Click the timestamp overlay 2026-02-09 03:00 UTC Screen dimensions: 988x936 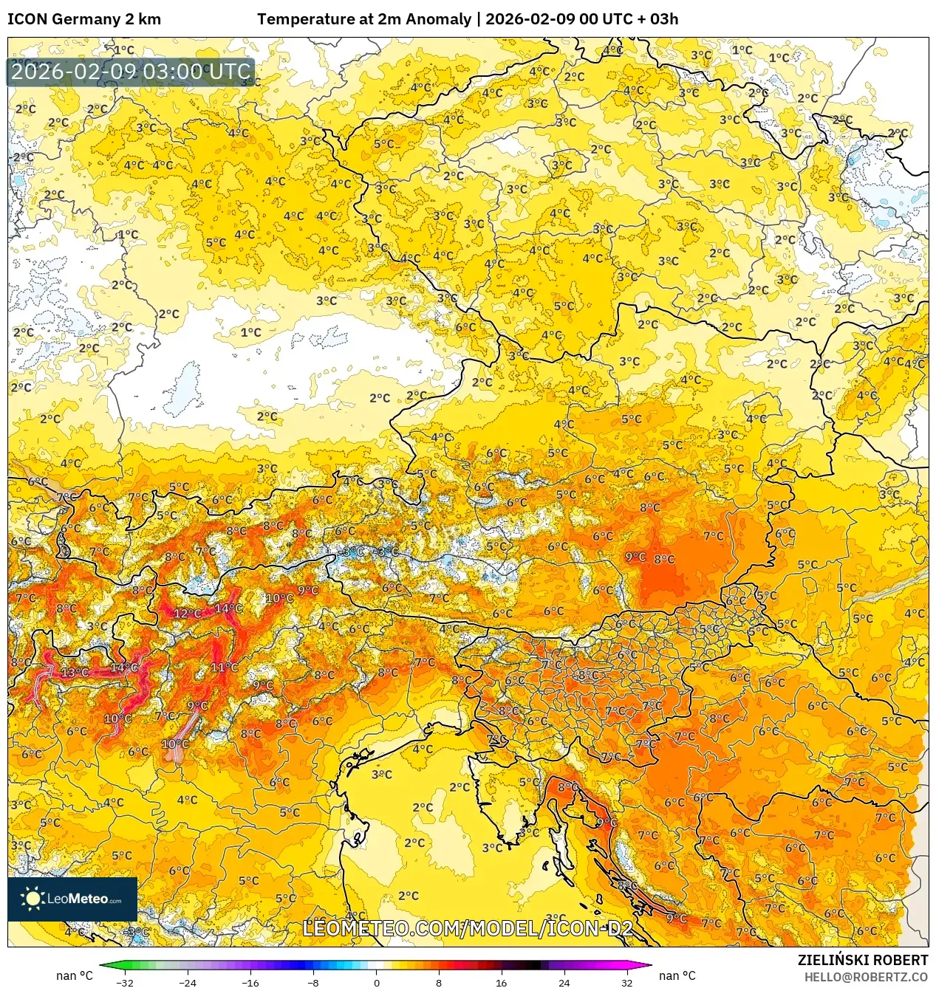pos(131,72)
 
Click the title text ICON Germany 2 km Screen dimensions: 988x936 pos(84,19)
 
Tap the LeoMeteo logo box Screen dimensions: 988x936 pos(72,899)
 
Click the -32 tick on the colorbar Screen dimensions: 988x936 pos(125,982)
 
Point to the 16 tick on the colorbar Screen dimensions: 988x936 pos(502,982)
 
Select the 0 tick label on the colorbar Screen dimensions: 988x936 pos(376,982)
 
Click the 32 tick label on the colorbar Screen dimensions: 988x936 pos(626,982)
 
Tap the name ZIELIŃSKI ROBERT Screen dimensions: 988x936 pos(862,960)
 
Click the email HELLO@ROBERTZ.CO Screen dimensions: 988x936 pos(866,977)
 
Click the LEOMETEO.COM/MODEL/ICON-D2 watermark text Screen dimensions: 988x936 pos(468,928)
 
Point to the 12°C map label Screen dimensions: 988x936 pos(187,614)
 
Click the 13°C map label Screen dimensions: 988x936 pos(75,672)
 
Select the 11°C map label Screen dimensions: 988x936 pos(225,667)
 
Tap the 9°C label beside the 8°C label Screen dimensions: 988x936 pos(635,557)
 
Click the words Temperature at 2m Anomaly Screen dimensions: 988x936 pos(364,19)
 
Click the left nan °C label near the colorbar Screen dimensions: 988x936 pos(75,975)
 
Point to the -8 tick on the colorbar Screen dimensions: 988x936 pos(313,982)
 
